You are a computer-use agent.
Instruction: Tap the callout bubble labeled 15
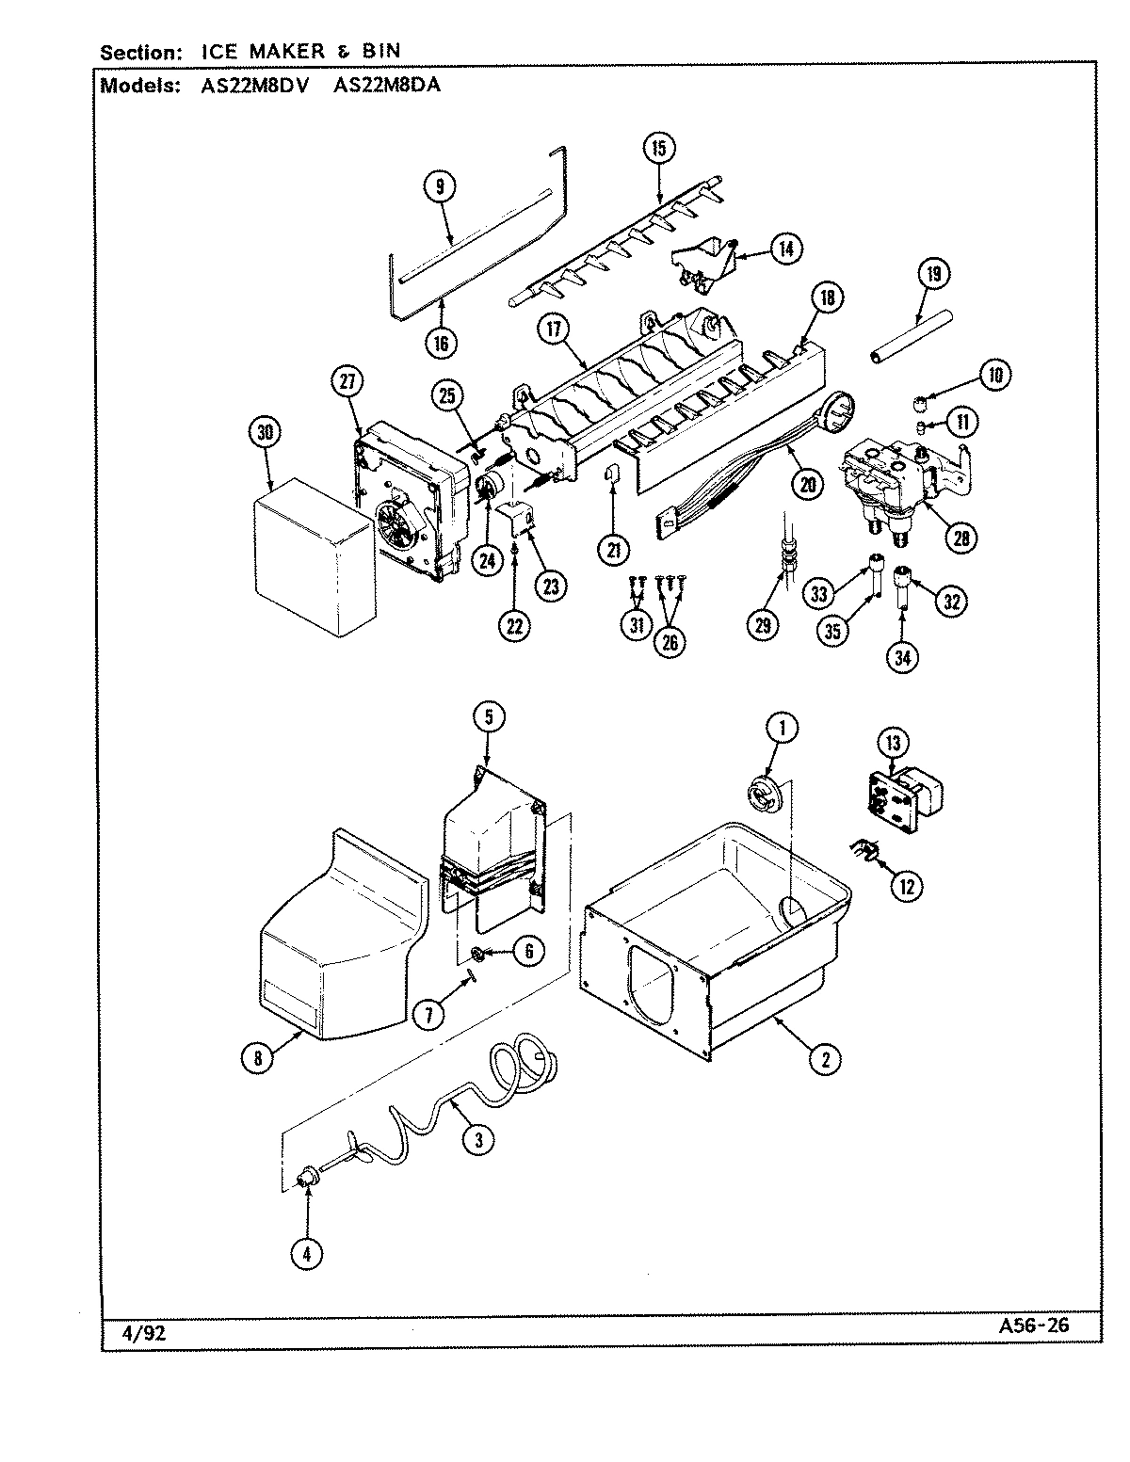click(x=658, y=147)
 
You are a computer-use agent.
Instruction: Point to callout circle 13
click(x=893, y=743)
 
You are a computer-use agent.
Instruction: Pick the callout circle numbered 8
click(x=258, y=1057)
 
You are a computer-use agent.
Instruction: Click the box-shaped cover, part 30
click(x=311, y=555)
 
